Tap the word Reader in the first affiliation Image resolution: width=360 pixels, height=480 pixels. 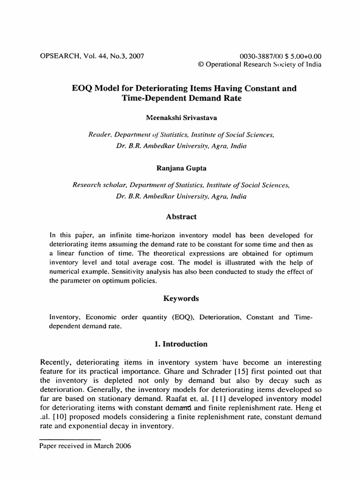[100, 135]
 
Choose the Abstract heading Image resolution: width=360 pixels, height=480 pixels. [180, 217]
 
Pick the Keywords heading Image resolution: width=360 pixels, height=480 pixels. [180, 298]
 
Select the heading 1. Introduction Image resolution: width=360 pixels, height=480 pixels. [180, 344]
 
